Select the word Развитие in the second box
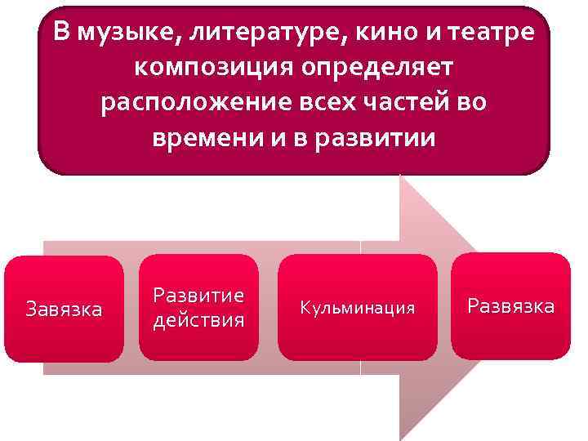click(198, 296)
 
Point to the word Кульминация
click(357, 308)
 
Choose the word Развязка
click(510, 305)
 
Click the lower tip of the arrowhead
click(403, 438)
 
